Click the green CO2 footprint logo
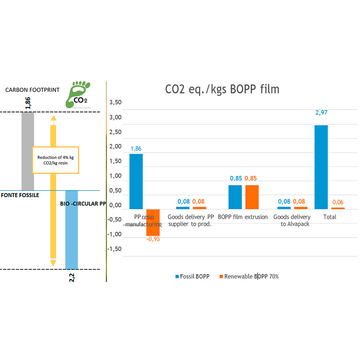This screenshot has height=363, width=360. coord(78,94)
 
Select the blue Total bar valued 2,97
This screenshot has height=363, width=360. coord(321,167)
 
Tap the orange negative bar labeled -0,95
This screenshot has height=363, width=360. coord(153,222)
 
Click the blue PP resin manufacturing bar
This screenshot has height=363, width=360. coord(136,181)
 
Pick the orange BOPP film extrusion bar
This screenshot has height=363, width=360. coord(252,197)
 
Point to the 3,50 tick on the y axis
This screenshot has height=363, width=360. coord(115,102)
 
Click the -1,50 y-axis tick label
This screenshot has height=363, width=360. coord(115,249)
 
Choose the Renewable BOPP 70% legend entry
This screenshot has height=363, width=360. coord(249,276)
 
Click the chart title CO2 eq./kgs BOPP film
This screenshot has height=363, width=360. coord(222,90)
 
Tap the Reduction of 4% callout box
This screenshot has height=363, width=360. coord(56,160)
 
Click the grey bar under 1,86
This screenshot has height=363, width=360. coord(28,151)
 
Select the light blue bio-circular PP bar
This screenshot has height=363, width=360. coord(72,230)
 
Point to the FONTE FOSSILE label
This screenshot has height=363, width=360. coord(20,195)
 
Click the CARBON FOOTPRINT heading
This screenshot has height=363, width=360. coord(32,90)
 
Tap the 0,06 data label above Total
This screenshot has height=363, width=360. coord(338,202)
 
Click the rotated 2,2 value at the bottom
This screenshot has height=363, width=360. coord(72,278)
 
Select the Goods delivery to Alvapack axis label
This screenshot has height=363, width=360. coord(292,221)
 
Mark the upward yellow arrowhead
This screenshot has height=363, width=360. coord(54,118)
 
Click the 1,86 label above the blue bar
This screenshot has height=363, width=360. coord(136,149)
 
